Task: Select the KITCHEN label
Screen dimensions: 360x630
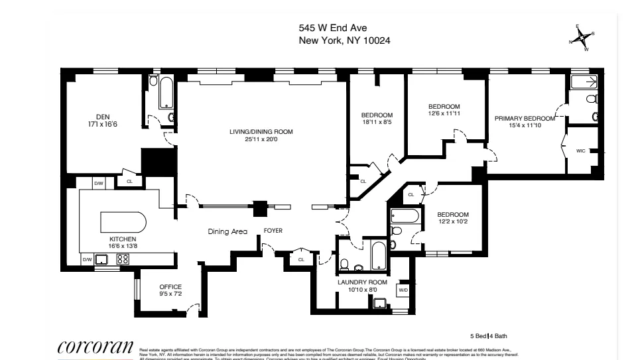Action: coord(123,239)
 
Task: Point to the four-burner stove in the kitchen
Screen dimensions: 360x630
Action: coord(123,260)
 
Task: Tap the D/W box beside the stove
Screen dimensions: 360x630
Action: coord(87,260)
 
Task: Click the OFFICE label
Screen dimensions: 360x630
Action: coord(170,286)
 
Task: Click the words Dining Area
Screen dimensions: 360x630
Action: coord(227,231)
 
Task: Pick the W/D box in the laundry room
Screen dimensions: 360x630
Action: coord(403,290)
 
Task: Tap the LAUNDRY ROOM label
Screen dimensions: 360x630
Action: coord(363,282)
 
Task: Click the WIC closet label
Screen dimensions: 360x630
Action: coord(580,151)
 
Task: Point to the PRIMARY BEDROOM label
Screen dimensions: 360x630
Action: coord(524,118)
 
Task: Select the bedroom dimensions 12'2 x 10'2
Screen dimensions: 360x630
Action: coord(452,222)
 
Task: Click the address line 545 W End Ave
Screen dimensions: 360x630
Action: coord(332,28)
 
